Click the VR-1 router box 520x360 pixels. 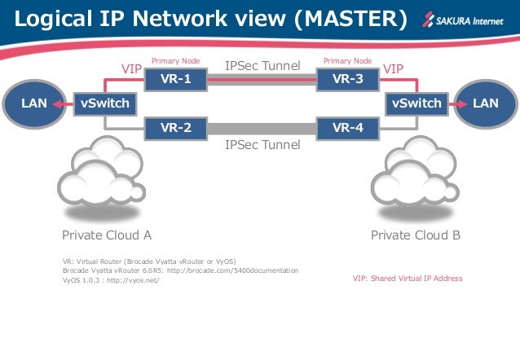pos(175,80)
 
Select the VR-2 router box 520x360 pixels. pos(175,127)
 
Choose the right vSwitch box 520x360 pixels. pos(416,103)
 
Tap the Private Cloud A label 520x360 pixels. pos(107,235)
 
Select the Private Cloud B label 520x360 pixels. pos(416,235)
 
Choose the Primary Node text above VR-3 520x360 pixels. pos(347,60)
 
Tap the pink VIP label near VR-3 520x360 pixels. pos(393,69)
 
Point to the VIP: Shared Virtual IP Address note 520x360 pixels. pos(407,279)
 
